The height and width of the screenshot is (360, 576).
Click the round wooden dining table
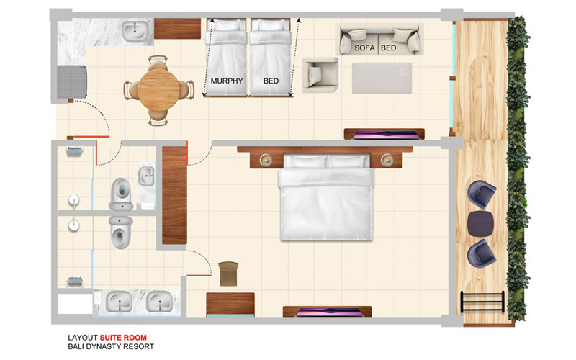point(158,89)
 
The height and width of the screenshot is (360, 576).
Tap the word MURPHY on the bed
point(227,81)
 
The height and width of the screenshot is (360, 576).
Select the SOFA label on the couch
point(364,48)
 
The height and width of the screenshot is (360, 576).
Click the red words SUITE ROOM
point(123,337)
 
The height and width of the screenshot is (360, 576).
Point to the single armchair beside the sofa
point(320,75)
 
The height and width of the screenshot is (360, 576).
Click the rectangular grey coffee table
point(382,78)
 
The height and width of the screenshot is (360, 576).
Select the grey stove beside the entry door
point(72,82)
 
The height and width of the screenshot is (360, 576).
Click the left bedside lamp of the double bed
point(266,160)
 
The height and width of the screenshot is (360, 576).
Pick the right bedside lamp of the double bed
point(387,160)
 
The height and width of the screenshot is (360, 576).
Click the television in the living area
point(384,135)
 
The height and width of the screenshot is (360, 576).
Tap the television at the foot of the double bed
point(327,312)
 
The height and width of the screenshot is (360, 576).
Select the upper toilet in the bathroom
point(121,194)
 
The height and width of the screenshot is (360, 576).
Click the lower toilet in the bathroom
point(121,232)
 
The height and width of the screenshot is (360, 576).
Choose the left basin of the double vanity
point(119,302)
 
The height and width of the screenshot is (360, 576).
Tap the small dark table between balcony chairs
point(481,224)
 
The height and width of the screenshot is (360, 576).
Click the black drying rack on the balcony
point(482,302)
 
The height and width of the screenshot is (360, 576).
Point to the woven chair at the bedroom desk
point(228,274)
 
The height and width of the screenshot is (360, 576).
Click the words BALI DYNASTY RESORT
point(111,346)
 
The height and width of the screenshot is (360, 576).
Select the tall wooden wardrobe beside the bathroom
point(174,195)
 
